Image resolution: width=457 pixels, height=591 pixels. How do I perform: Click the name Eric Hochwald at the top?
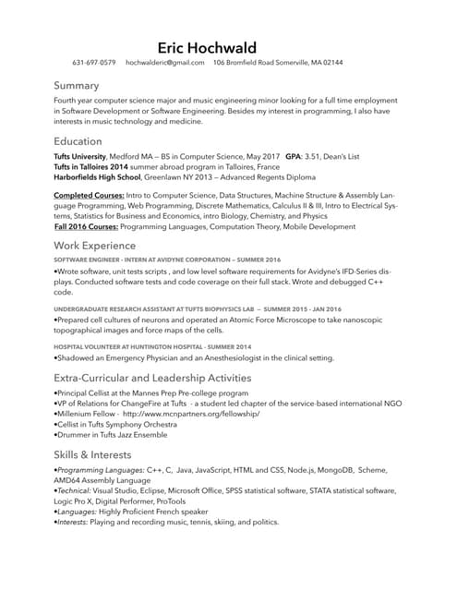point(207,47)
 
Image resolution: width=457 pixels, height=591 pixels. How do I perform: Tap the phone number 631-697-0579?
point(94,63)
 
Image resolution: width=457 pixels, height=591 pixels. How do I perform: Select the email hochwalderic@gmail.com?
point(165,63)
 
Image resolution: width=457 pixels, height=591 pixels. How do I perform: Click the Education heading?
point(78,141)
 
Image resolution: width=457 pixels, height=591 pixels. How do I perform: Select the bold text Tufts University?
point(80,157)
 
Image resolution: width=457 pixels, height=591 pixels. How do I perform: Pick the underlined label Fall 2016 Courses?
point(86,226)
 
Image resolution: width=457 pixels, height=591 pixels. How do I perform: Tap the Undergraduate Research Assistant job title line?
point(197,308)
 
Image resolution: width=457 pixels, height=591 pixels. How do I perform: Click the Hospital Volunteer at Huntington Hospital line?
point(152,345)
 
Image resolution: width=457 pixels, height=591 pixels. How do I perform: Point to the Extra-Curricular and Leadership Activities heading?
point(152,378)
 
